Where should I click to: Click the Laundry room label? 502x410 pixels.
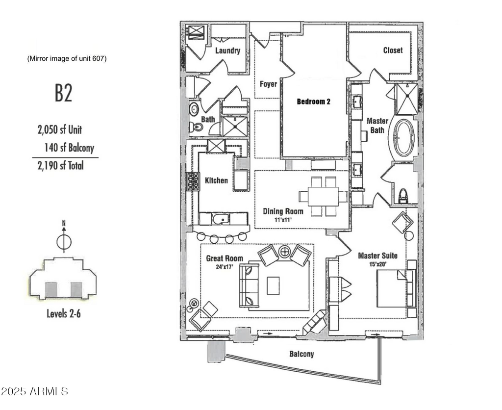tap(227, 51)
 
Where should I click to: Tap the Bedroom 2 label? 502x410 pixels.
tap(313, 102)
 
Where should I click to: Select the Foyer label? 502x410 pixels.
tap(268, 84)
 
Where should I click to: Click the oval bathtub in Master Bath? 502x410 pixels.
tap(404, 137)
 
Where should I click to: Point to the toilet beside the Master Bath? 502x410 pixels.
tap(402, 196)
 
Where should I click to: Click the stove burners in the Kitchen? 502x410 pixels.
tap(193, 181)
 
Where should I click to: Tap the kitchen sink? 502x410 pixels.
tap(221, 219)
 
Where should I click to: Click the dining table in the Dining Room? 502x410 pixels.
tap(324, 196)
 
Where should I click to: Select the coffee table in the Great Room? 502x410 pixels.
tap(273, 285)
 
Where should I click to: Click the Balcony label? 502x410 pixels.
tap(301, 354)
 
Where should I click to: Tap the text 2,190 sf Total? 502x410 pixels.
tap(60, 166)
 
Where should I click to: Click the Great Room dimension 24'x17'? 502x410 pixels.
tap(225, 266)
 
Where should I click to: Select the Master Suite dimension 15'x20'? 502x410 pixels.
tap(378, 264)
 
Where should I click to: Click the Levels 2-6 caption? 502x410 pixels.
tap(63, 313)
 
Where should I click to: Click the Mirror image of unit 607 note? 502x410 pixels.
tap(67, 58)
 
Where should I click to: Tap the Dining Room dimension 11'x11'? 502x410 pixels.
tap(283, 220)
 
